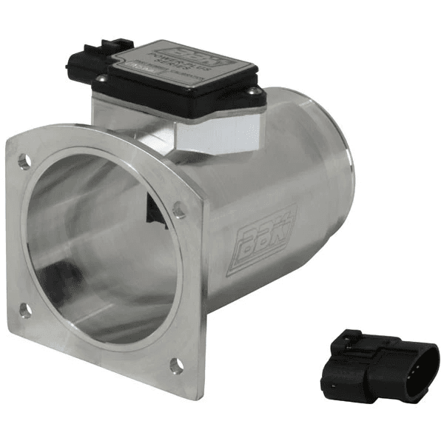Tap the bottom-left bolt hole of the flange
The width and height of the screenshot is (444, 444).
25,311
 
